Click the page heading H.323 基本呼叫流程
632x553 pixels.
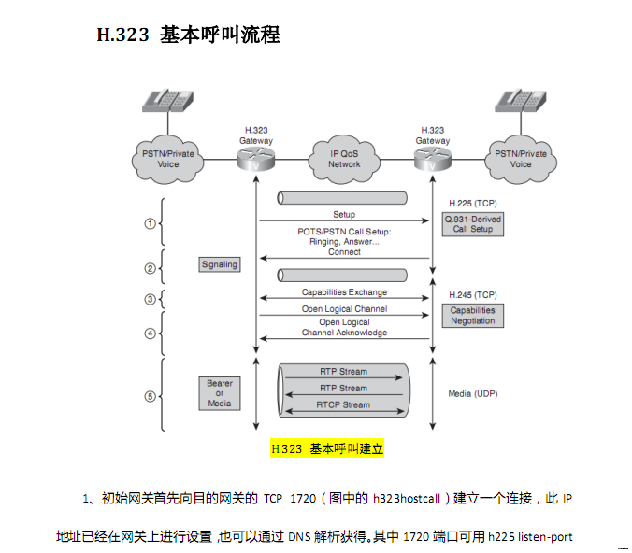click(188, 35)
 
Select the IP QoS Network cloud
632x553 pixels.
click(344, 158)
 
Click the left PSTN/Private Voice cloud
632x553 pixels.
click(168, 158)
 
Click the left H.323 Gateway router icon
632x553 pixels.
click(255, 160)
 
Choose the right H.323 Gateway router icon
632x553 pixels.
click(432, 160)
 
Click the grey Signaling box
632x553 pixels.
click(220, 264)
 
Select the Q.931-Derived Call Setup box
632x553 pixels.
click(472, 223)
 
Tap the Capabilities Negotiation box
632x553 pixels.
click(472, 315)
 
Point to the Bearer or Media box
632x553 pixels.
click(220, 393)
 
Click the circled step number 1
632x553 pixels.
click(149, 223)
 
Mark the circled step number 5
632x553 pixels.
click(149, 396)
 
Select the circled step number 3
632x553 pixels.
click(149, 299)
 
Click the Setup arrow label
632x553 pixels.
click(343, 215)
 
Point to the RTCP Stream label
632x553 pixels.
click(343, 404)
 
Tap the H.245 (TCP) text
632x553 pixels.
click(472, 294)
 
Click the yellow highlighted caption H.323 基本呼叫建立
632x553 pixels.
click(327, 448)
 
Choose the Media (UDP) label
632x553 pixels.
click(472, 394)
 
